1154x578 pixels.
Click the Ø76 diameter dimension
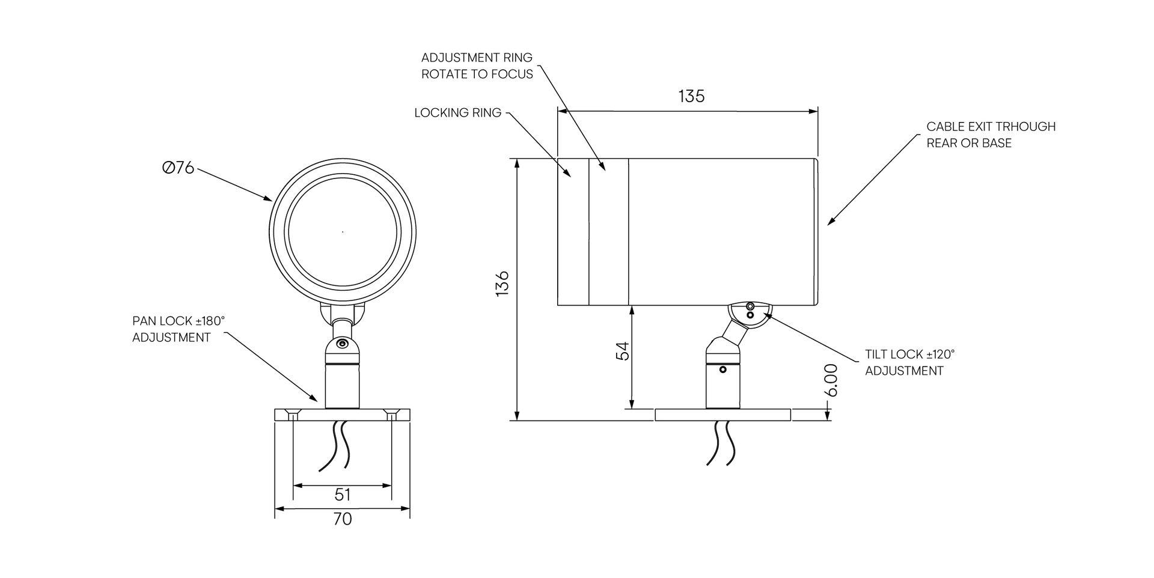tap(179, 168)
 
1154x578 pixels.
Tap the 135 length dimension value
tap(691, 96)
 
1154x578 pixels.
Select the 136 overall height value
tap(502, 282)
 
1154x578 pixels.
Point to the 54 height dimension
tap(624, 351)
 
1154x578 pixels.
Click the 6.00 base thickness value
tap(831, 380)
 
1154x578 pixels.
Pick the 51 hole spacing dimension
tap(342, 494)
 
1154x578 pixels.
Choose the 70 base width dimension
tap(342, 519)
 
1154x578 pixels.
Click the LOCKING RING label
tap(457, 113)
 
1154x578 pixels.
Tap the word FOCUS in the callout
tap(511, 75)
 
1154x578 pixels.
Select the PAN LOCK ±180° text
tap(179, 321)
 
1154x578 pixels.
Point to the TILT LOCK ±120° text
tap(909, 354)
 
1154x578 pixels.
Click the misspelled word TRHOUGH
tap(1025, 127)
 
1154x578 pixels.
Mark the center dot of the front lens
tap(343, 231)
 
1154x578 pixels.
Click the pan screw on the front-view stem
tap(342, 344)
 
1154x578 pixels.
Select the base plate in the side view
tap(722, 415)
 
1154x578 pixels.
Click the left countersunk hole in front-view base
tap(293, 415)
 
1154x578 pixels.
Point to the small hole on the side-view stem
tap(723, 370)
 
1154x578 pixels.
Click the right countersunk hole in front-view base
tap(392, 415)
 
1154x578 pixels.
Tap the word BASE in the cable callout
tap(997, 143)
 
